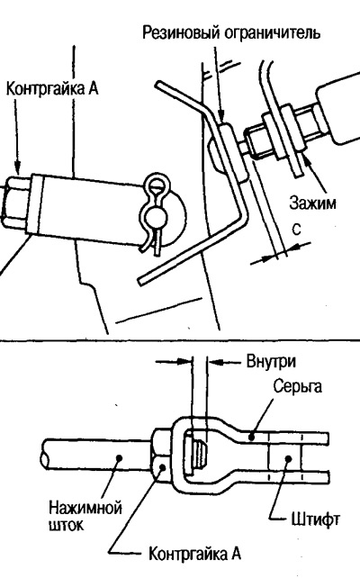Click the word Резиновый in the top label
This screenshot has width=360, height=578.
(181, 32)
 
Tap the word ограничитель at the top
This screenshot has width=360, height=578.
(272, 32)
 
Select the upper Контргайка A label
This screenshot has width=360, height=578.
(52, 89)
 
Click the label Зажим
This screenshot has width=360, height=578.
(312, 203)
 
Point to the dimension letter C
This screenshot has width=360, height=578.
(297, 230)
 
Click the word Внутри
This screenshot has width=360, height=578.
(271, 362)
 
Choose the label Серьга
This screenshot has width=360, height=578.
(298, 387)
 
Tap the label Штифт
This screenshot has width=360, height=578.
(315, 519)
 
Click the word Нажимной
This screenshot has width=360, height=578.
(85, 508)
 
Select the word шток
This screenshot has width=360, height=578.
(66, 525)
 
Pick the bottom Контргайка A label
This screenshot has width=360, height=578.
(194, 554)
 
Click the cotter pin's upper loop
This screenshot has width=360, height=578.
(157, 185)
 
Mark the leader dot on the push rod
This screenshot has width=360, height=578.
(119, 457)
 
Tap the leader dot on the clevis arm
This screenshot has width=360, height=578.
(251, 438)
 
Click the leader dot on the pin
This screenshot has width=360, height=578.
(288, 459)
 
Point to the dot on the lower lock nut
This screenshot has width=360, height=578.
(163, 468)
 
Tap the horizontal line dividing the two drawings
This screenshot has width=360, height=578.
(180, 340)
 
